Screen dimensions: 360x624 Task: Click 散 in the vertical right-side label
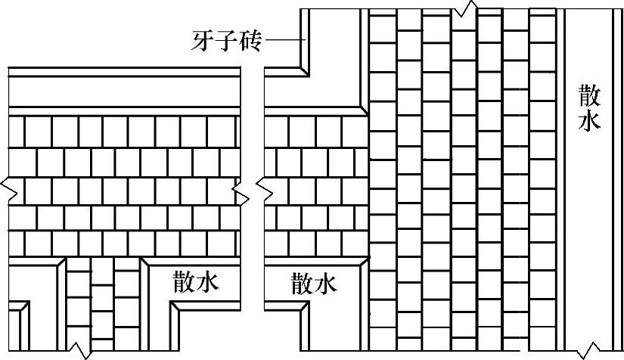pyautogui.click(x=589, y=96)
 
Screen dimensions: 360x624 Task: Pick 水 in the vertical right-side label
pyautogui.click(x=589, y=121)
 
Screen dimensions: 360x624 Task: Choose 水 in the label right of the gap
pyautogui.click(x=326, y=284)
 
